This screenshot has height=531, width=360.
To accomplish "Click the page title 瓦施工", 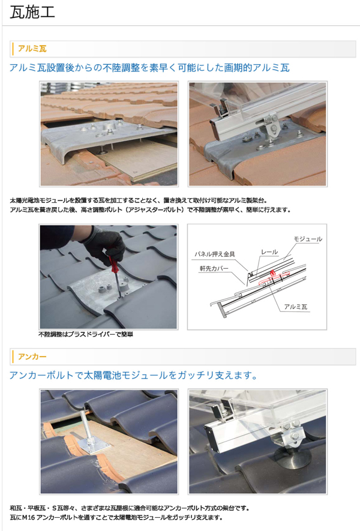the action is click(32, 13).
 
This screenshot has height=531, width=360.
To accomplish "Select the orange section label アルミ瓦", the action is click(32, 49).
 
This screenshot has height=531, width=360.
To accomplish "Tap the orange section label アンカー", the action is click(32, 356).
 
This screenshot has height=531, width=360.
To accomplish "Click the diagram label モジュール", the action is click(308, 239).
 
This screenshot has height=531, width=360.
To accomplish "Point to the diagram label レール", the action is click(269, 252).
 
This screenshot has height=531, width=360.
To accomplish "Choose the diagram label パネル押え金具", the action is click(214, 254).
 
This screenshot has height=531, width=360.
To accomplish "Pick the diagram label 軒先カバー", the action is click(214, 269).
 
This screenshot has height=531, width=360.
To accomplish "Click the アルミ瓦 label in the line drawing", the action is click(296, 307).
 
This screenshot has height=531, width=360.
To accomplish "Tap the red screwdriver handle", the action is click(113, 260).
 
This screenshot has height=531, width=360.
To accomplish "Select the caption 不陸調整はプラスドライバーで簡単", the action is click(86, 335).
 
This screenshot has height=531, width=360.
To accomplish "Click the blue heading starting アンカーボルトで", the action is click(133, 375).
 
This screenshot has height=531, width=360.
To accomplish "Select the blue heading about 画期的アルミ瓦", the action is click(149, 68).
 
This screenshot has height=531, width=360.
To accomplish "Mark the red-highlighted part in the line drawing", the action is click(271, 278).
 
